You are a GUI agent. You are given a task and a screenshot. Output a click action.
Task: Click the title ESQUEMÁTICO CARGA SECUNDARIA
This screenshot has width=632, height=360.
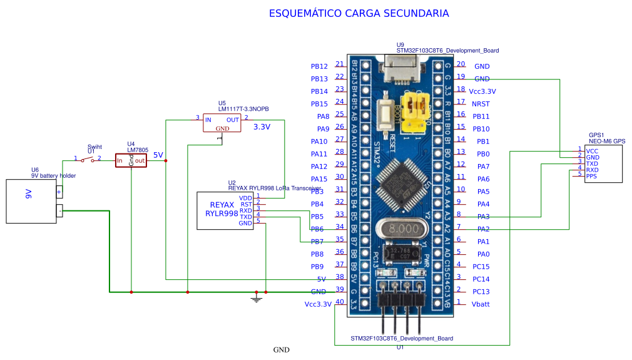pyautogui.click(x=359, y=13)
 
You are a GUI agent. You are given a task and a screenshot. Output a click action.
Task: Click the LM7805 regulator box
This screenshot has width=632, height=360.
pyautogui.click(x=131, y=160)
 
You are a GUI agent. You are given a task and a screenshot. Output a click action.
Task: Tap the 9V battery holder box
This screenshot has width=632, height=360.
pyautogui.click(x=31, y=201)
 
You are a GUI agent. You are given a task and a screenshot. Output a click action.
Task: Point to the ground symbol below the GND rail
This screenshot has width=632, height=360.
pyautogui.click(x=256, y=299)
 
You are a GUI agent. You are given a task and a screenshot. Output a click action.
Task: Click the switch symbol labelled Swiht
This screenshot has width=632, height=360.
pyautogui.click(x=88, y=160)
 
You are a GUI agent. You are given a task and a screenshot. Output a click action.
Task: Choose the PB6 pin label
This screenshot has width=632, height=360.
pyautogui.click(x=317, y=229)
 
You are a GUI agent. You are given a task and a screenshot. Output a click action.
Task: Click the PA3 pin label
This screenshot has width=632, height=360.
pyautogui.click(x=482, y=217)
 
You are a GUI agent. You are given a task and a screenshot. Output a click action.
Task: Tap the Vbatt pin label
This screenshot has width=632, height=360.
pyautogui.click(x=481, y=304)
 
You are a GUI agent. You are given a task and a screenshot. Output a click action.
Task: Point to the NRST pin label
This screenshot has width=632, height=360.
pyautogui.click(x=481, y=103)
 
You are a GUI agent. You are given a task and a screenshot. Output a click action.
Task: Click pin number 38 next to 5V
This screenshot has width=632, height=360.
pyautogui.click(x=340, y=276)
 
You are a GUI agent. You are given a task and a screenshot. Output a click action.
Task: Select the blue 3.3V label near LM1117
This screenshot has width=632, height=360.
pyautogui.click(x=262, y=127)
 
